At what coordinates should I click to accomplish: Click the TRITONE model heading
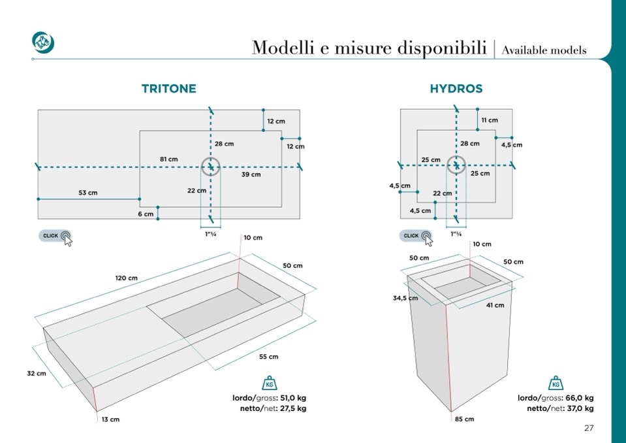(x=168, y=89)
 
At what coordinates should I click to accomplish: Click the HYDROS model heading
(x=456, y=89)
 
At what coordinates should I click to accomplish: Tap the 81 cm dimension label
(x=168, y=159)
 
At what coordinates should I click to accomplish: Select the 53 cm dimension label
(x=87, y=192)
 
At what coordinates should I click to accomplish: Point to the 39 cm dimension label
(x=251, y=174)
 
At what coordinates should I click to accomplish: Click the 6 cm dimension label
(x=145, y=214)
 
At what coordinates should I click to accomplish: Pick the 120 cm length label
(x=127, y=278)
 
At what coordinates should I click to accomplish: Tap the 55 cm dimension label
(x=268, y=357)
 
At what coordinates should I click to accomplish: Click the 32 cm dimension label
(x=36, y=374)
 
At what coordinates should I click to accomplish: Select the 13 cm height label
(x=110, y=419)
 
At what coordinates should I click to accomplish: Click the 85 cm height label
(x=464, y=419)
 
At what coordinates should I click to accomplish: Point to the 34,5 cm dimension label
(x=405, y=298)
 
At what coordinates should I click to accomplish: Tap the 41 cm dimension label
(x=495, y=305)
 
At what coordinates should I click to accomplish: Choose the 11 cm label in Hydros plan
(x=489, y=120)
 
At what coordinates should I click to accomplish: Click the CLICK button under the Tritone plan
(x=55, y=236)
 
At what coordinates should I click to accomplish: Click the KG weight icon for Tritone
(x=268, y=384)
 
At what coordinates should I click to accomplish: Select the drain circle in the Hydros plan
(x=455, y=166)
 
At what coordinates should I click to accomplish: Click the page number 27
(x=589, y=429)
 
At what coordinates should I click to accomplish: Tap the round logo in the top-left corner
(x=43, y=42)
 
